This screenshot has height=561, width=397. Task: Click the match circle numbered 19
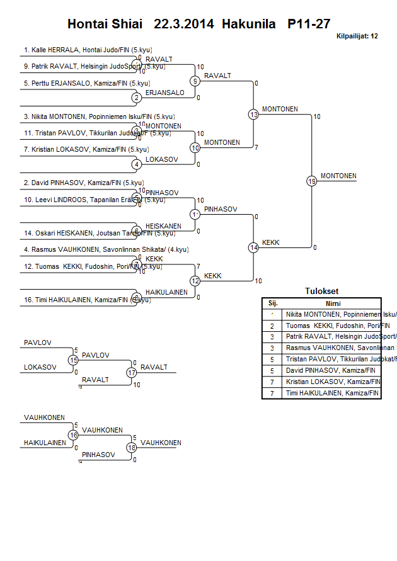(x=311, y=181)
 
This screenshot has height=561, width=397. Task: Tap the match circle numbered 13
(x=253, y=115)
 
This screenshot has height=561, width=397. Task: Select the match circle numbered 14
(x=253, y=247)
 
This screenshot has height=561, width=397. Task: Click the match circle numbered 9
(x=195, y=81)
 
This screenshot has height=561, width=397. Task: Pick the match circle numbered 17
(x=131, y=372)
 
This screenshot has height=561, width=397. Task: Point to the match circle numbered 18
(x=131, y=448)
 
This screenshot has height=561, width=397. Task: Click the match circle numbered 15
(x=73, y=360)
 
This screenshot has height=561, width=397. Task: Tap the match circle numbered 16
(x=73, y=435)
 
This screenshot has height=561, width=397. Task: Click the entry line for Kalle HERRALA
(x=88, y=49)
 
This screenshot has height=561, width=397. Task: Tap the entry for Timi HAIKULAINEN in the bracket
(x=88, y=300)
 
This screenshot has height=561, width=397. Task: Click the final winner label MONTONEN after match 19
(x=338, y=176)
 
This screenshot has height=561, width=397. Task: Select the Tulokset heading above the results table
(x=321, y=292)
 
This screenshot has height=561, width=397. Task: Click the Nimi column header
(x=333, y=303)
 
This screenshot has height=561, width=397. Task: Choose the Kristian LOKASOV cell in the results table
(x=333, y=382)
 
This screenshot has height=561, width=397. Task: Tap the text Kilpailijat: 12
(x=357, y=36)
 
